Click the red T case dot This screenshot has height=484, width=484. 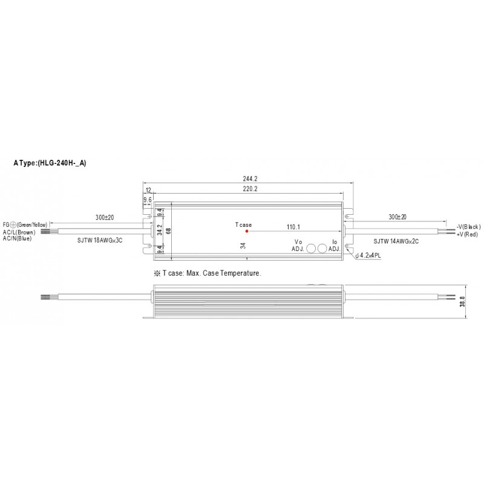[247, 231]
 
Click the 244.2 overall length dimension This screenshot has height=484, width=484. [250, 178]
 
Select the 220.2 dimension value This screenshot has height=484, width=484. [250, 189]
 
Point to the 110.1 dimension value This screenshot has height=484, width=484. [293, 227]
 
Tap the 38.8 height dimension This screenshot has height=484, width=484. [462, 301]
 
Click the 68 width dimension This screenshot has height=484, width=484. [169, 231]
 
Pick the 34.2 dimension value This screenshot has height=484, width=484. [160, 230]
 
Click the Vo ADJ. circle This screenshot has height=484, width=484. [311, 249]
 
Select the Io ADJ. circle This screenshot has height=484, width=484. [322, 249]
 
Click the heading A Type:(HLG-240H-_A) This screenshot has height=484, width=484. [50, 163]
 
